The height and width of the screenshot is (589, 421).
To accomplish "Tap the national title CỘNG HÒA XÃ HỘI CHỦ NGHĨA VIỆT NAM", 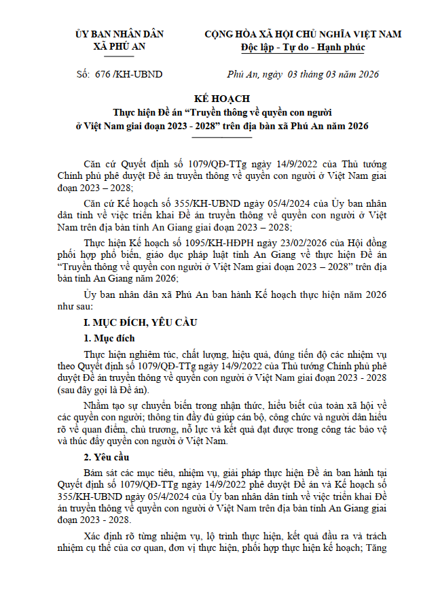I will pos(303,34).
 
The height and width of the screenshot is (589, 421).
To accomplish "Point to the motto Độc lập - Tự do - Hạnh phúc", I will pos(303,47).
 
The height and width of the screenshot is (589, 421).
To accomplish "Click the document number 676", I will pos(103,74).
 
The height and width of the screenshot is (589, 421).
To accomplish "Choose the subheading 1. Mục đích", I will pos(109,338).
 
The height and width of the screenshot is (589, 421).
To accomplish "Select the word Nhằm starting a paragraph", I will pos(96,406).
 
